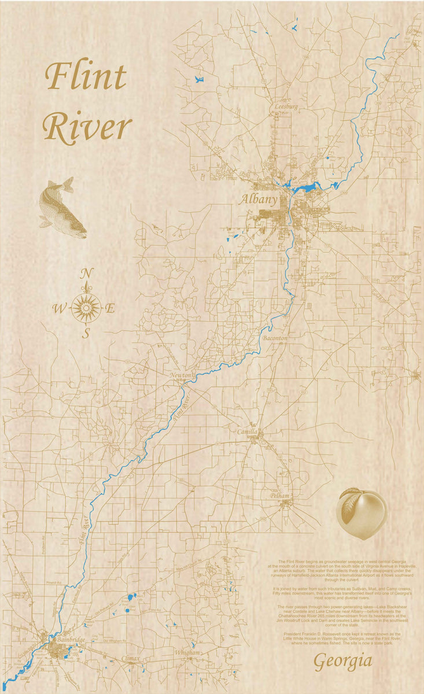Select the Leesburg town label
(x=286, y=107)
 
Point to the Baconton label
(x=275, y=338)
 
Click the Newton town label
(x=180, y=376)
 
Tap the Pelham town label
(x=279, y=496)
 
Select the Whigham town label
(x=187, y=653)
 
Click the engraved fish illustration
(x=61, y=208)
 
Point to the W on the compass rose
(x=59, y=309)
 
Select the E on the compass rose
(x=110, y=309)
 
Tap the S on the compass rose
(x=86, y=334)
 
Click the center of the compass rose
(x=86, y=308)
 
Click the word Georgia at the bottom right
(x=342, y=662)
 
